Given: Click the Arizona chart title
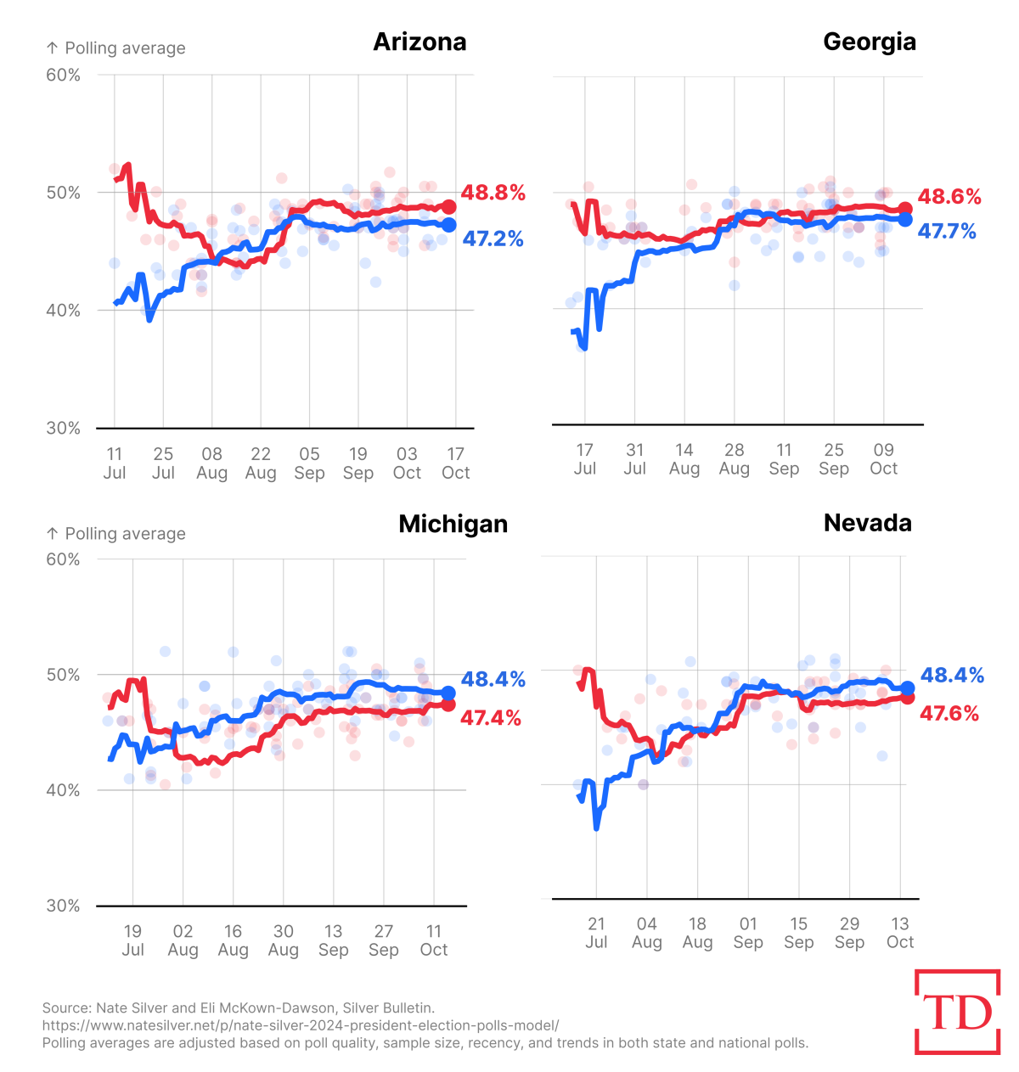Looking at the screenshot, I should pyautogui.click(x=419, y=42).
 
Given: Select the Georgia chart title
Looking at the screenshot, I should pyautogui.click(x=870, y=42).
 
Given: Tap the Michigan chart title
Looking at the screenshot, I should pyautogui.click(x=453, y=525).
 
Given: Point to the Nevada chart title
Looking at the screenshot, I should pyautogui.click(x=868, y=523).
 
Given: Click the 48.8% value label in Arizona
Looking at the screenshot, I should pyautogui.click(x=493, y=194).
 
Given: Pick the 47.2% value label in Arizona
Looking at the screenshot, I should pyautogui.click(x=493, y=239).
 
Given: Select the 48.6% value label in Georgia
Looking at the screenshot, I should pyautogui.click(x=949, y=197).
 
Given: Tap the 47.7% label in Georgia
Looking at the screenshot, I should pyautogui.click(x=947, y=232).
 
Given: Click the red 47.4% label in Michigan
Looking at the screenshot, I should pyautogui.click(x=491, y=719).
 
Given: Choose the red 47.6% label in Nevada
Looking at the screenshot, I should pyautogui.click(x=949, y=714).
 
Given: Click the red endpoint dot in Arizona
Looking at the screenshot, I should pyautogui.click(x=448, y=207).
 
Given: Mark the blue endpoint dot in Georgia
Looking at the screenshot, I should pyautogui.click(x=905, y=219).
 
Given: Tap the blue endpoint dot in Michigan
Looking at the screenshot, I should pyautogui.click(x=448, y=693).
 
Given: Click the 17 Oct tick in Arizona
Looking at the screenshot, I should pyautogui.click(x=456, y=463).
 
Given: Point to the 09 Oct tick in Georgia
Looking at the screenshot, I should pyautogui.click(x=883, y=459).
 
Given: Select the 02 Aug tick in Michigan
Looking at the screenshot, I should pyautogui.click(x=183, y=940).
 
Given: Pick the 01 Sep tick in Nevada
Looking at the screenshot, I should pyautogui.click(x=748, y=933).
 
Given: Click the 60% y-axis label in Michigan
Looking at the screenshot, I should pyautogui.click(x=63, y=559).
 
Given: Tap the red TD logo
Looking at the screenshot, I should pyautogui.click(x=958, y=1013).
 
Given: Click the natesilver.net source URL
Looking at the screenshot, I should pyautogui.click(x=301, y=1025).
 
